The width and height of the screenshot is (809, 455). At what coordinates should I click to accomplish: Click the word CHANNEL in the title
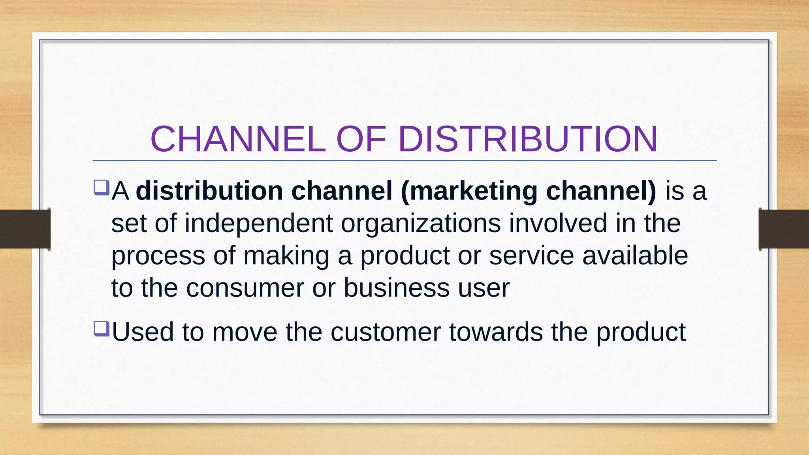click(x=238, y=139)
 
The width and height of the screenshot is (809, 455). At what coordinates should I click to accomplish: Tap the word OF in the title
click(x=361, y=139)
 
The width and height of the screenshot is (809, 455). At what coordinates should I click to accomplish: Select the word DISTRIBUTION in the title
click(x=528, y=139)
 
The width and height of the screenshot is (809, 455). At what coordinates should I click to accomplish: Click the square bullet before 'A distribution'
click(x=101, y=187)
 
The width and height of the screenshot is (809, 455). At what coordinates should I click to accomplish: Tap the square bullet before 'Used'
click(x=101, y=328)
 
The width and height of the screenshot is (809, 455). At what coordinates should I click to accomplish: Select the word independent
click(x=258, y=224)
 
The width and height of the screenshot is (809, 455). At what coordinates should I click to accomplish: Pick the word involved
click(x=558, y=224)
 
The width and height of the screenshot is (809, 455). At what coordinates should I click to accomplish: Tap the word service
click(x=531, y=256)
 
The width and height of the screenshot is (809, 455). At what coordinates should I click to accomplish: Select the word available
click(x=635, y=256)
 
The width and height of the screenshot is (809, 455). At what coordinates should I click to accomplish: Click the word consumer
click(x=245, y=288)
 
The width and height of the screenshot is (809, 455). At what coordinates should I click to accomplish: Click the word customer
click(x=386, y=332)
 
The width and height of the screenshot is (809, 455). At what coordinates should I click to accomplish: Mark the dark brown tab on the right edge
click(x=784, y=229)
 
